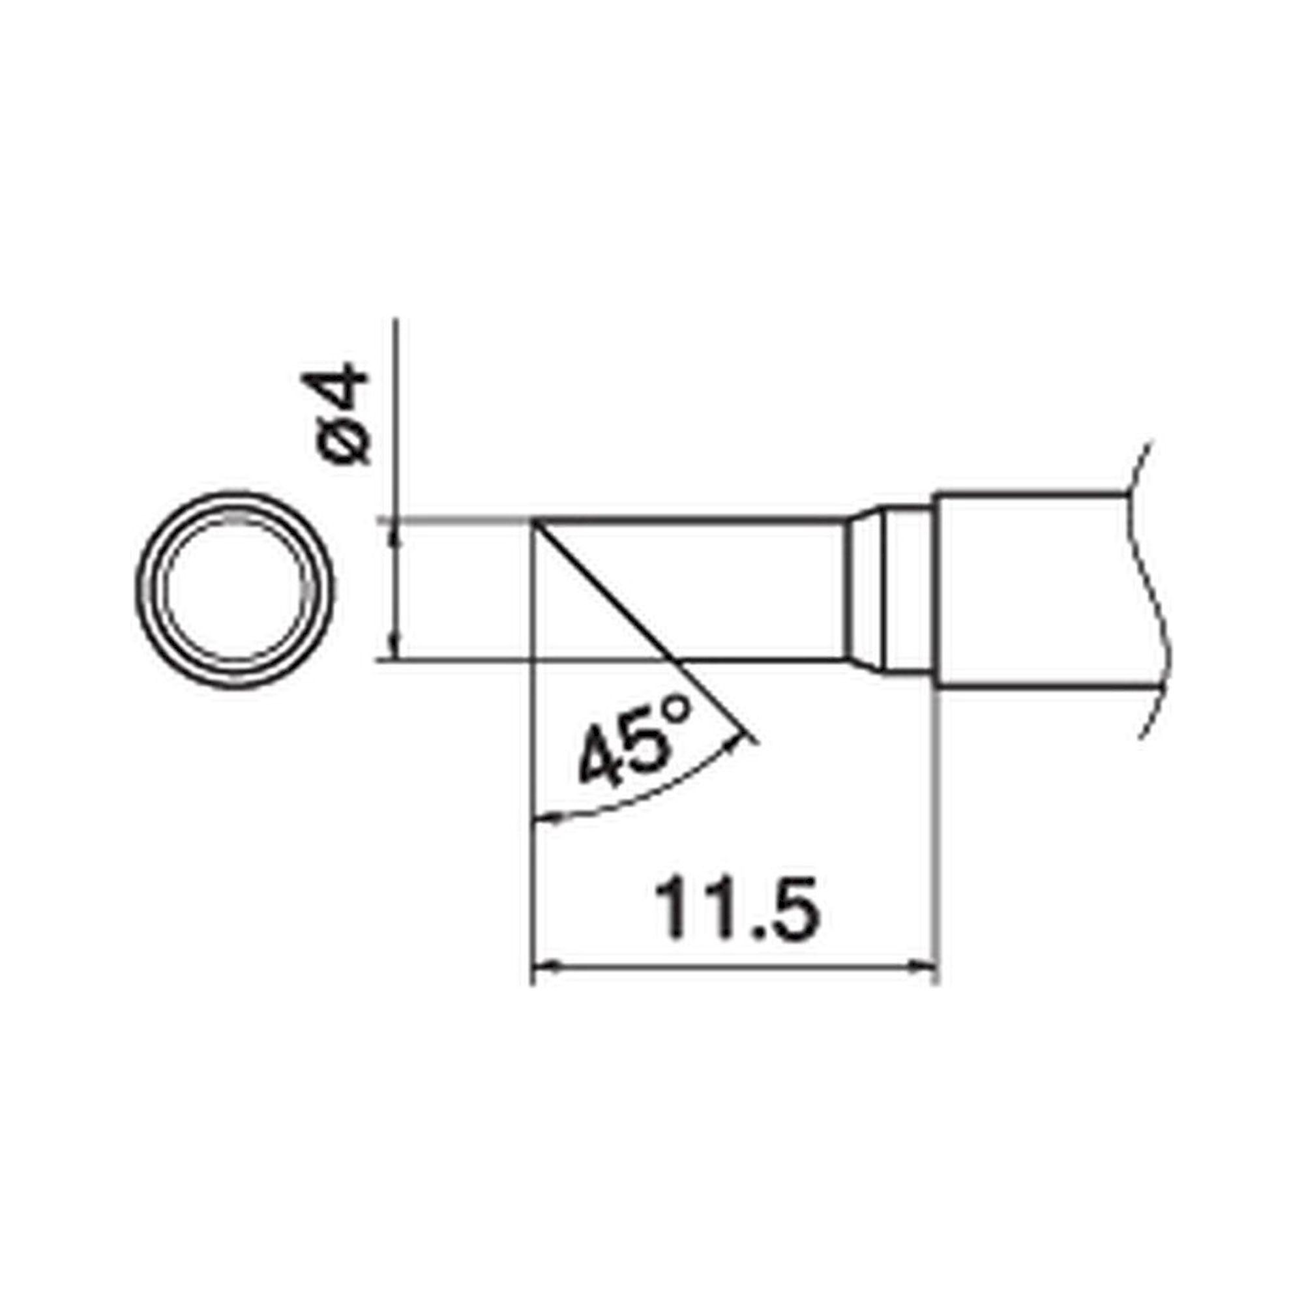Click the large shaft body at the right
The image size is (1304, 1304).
(1033, 590)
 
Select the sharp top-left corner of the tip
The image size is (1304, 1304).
(533, 520)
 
